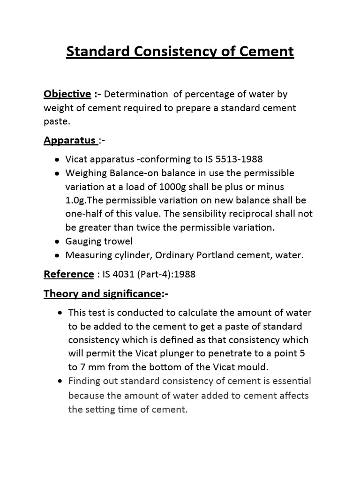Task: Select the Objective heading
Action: click(67, 94)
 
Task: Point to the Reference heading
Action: click(68, 274)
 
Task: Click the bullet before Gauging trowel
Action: click(57, 242)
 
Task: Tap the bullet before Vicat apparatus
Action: click(57, 160)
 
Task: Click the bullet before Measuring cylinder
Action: click(57, 256)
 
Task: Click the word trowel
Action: click(119, 241)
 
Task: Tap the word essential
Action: click(288, 381)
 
